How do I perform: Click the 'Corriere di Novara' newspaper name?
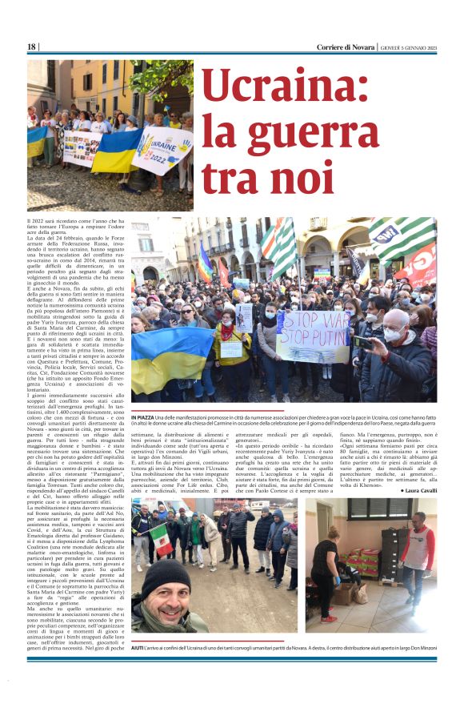[x=334, y=47]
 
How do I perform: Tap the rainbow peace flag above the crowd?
[x=206, y=263]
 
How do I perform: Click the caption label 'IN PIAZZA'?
[x=142, y=417]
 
